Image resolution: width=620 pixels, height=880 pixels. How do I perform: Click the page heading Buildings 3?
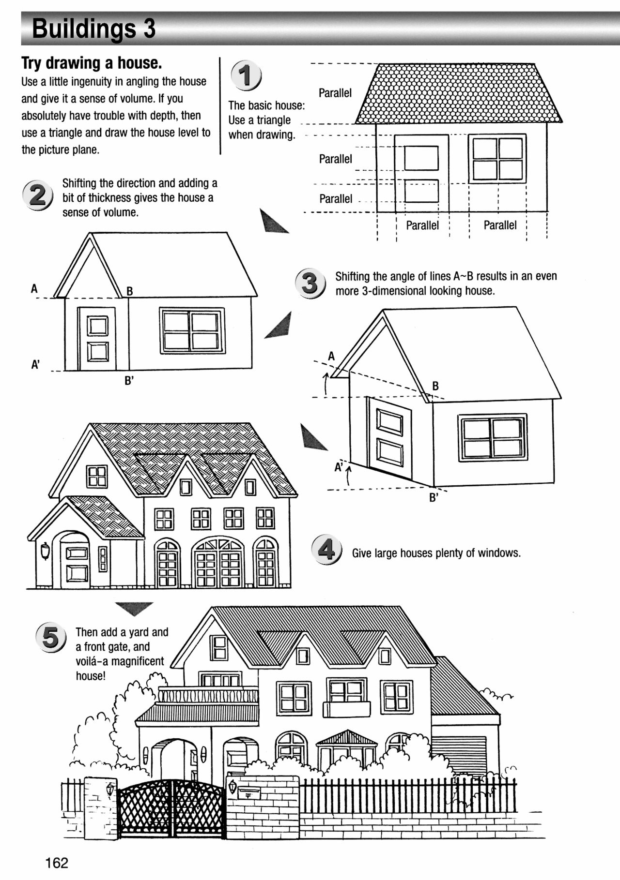93,29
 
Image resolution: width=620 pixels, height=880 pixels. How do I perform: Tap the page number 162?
57,863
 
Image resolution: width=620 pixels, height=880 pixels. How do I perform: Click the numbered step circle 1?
246,76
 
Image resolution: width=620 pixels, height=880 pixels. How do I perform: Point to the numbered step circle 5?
50,637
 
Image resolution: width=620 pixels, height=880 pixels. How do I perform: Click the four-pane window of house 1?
497,158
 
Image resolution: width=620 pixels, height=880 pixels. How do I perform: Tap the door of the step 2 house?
97,339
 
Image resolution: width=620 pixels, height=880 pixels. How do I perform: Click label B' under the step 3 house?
434,497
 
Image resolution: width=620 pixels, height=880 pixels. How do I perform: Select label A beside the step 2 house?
34,289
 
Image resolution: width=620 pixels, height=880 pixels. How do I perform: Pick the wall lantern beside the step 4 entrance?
45,551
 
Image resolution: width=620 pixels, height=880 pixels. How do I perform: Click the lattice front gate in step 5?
171,809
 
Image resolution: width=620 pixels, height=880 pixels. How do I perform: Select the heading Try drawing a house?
92,63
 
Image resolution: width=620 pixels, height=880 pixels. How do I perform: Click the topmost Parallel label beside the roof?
335,93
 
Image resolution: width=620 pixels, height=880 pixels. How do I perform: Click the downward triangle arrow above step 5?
134,608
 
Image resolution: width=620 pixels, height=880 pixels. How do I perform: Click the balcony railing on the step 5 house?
208,696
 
